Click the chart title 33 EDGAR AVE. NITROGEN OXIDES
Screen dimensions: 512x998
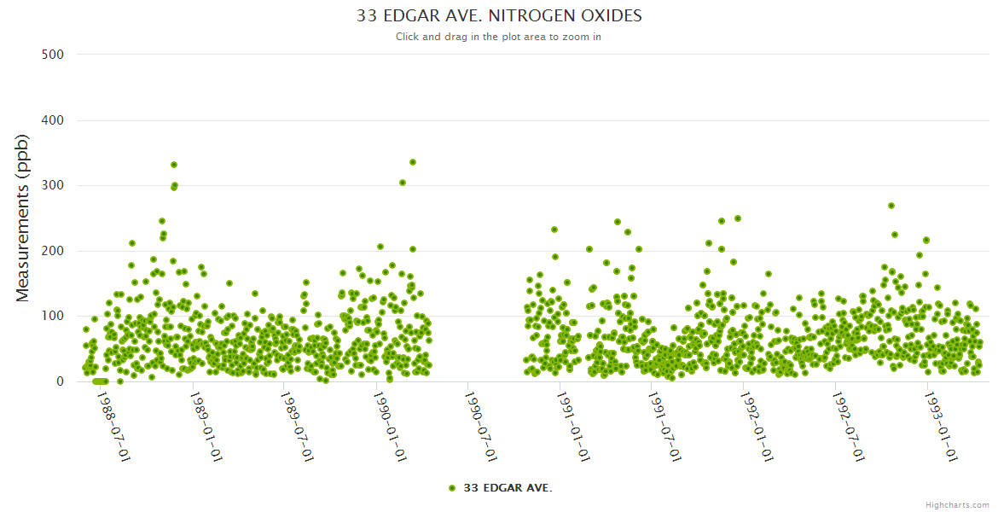click(499, 16)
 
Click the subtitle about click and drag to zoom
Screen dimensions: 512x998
click(499, 37)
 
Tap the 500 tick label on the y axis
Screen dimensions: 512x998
click(53, 55)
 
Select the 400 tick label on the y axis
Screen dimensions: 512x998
click(53, 120)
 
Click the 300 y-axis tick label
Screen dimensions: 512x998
click(53, 185)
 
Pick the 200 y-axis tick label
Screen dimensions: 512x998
click(53, 251)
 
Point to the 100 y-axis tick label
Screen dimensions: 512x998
click(53, 316)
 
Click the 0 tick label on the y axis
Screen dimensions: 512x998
click(60, 381)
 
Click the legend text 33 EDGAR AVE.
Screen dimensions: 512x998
click(508, 488)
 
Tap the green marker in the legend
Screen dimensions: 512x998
click(452, 488)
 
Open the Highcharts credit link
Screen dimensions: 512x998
click(957, 504)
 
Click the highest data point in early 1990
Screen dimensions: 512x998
click(413, 161)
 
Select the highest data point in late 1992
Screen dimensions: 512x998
click(891, 206)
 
